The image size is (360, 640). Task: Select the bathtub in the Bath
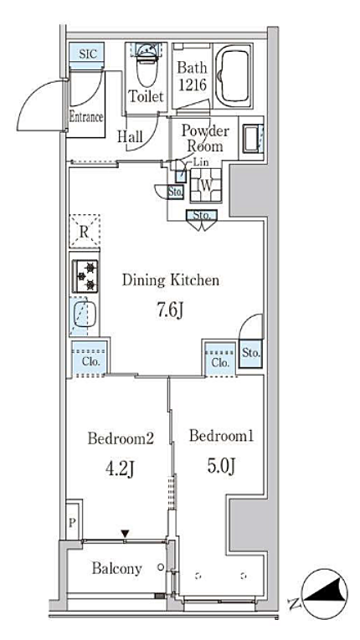(x=233, y=75)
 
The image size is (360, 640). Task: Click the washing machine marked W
(x=206, y=185)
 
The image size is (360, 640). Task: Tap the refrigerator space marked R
(x=85, y=232)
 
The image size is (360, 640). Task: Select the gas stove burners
(x=85, y=276)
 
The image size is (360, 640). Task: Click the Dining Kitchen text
(x=171, y=280)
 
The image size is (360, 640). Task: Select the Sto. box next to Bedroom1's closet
(x=250, y=354)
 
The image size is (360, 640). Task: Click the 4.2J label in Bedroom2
(x=120, y=469)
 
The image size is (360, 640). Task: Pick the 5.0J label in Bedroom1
(x=221, y=466)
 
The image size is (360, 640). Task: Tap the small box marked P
(x=72, y=523)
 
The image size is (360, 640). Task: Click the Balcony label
(x=117, y=568)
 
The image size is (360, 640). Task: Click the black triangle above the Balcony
(x=125, y=534)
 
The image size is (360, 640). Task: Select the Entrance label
(x=85, y=118)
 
